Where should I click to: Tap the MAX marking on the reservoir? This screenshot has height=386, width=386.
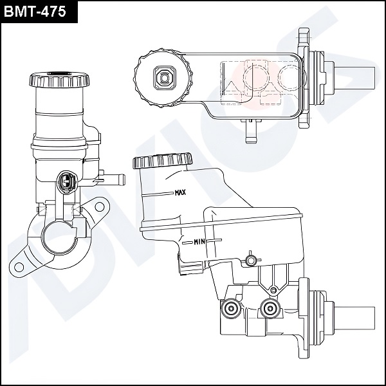point(180,192)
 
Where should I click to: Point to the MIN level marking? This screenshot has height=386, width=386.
point(199,243)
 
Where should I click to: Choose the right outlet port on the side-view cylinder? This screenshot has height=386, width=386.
point(270,309)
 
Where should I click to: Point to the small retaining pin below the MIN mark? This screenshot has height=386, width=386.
point(251,261)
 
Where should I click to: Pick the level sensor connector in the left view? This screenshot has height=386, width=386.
point(65,181)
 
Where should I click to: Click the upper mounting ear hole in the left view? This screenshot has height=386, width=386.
point(98,207)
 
